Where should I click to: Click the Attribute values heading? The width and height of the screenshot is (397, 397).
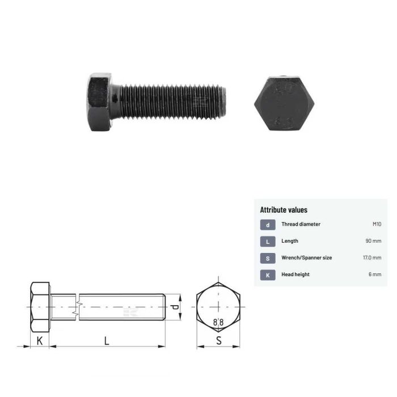[284, 210]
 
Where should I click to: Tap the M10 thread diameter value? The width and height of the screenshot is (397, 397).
[376, 224]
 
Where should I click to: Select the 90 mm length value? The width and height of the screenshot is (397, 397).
[373, 241]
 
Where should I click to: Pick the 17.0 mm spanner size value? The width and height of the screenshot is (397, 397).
[372, 257]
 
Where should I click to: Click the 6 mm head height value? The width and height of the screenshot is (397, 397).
[375, 274]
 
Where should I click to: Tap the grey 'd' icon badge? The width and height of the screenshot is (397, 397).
[268, 225]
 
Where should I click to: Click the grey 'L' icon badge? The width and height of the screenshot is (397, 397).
[268, 242]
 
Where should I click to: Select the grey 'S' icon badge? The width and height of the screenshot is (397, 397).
[268, 258]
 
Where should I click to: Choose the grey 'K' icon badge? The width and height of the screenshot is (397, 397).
[268, 275]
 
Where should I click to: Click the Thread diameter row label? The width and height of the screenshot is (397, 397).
[301, 224]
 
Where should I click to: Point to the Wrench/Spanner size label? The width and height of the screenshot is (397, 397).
[307, 257]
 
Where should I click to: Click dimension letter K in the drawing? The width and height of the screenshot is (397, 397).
[39, 340]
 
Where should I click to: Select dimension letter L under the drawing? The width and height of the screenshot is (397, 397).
[106, 340]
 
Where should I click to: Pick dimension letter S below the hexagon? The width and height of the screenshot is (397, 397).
[218, 340]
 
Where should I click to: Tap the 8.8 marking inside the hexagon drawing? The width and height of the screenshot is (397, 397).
[218, 322]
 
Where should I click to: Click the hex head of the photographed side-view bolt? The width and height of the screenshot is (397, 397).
[100, 102]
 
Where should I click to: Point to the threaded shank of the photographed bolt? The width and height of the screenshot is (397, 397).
[170, 102]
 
